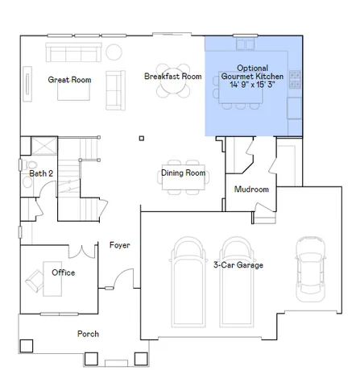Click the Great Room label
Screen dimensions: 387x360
coord(69,79)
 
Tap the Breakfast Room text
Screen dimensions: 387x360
coord(172,76)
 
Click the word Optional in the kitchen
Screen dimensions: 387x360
coord(253,68)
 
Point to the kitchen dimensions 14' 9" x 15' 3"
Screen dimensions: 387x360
coord(253,83)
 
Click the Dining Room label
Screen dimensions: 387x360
coord(183,173)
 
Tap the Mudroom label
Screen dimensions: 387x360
coord(251,189)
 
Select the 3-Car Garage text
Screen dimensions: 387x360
coord(238,264)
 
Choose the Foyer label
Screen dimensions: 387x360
coord(119,245)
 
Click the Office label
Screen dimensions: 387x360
coord(64,273)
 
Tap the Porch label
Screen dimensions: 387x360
coord(88,334)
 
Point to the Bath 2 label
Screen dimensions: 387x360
coord(41,173)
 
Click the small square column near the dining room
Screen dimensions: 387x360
coord(141,137)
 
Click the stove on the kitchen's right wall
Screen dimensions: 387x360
coord(296,80)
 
